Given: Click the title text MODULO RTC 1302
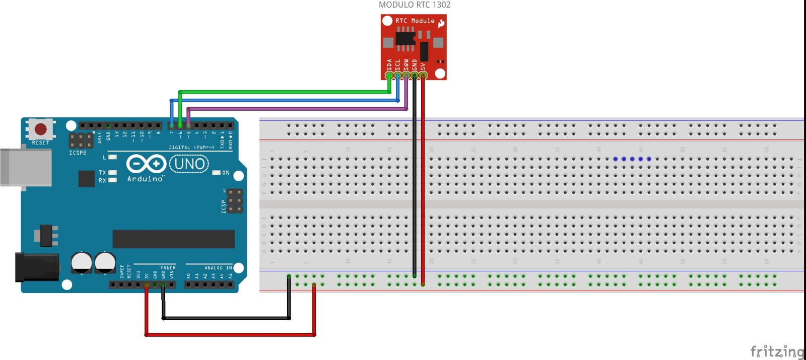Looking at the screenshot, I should pos(415,5).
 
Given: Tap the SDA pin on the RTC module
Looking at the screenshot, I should pos(389,76).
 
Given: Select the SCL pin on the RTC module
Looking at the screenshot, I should pos(397,76).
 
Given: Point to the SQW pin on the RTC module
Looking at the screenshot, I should pos(406,76).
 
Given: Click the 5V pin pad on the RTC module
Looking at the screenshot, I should pos(423,76).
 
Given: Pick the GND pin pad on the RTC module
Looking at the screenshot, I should pos(415,76).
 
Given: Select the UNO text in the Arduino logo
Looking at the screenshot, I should pos(189,164).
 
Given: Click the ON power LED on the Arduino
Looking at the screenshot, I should pos(217,173).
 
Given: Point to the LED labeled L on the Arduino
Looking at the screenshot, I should pos(112,157).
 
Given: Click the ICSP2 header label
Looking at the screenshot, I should pos(78,153).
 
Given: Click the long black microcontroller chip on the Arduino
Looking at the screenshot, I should pos(173,239).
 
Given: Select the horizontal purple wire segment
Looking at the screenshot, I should pos(297,108).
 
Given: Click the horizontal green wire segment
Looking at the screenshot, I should pos(285,92).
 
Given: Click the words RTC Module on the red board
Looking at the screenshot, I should pos(415,21).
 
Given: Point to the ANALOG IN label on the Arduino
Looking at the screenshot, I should pos(218,268).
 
